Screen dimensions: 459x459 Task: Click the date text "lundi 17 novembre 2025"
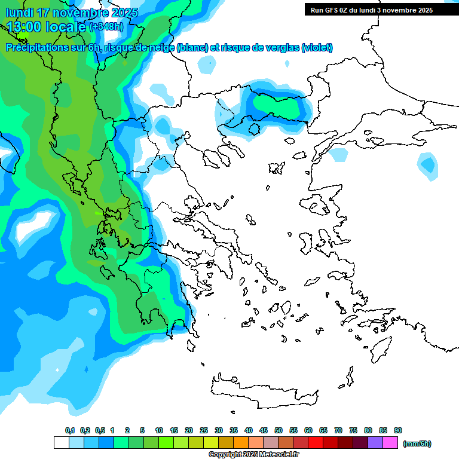coord(72,13)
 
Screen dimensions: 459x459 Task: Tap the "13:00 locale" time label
coord(46,26)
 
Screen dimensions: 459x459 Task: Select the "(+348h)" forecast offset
coord(108,27)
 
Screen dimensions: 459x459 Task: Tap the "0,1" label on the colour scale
coord(70,430)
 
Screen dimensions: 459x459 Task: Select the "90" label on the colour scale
coord(398,430)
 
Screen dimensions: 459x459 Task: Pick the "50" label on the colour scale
coord(279,430)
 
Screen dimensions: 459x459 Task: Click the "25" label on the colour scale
coord(204,430)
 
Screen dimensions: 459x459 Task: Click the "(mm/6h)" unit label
coord(417,443)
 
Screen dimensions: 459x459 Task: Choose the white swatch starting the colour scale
coord(61,443)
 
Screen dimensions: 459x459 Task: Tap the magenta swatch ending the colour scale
coord(390,443)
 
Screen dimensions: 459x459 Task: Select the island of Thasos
coord(253,128)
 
